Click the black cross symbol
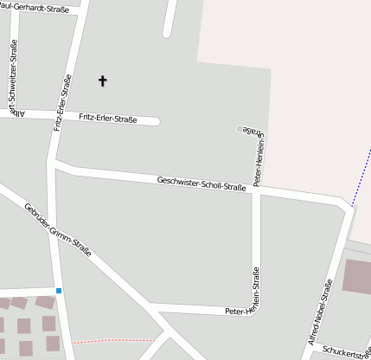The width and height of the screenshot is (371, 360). pos(103,80)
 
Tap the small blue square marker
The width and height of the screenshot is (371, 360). pos(59,290)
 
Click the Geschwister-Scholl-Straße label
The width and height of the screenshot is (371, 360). pos(201,183)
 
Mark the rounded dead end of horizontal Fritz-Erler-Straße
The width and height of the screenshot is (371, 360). pos(155,121)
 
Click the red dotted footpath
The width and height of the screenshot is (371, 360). pos(112,340)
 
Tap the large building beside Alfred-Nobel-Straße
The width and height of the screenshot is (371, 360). pos(357,275)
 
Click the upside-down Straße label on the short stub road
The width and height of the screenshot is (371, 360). pos(248,129)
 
